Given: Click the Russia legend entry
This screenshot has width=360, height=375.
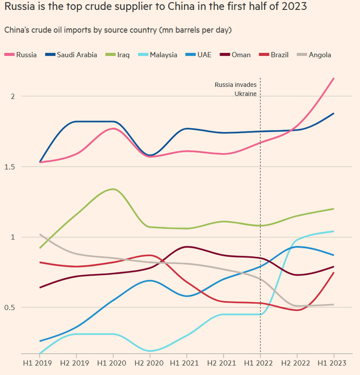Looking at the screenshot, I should (21, 55).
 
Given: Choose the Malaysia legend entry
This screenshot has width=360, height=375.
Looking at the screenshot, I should (158, 55).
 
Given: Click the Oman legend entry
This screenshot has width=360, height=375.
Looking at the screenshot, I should (236, 55).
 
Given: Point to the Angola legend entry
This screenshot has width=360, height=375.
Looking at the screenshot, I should (314, 55).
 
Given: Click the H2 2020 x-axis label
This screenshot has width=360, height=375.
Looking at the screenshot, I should (150, 363).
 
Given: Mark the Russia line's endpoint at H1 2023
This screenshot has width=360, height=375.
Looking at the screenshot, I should (334, 78).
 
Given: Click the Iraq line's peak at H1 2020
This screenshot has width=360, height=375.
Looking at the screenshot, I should (113, 189).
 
